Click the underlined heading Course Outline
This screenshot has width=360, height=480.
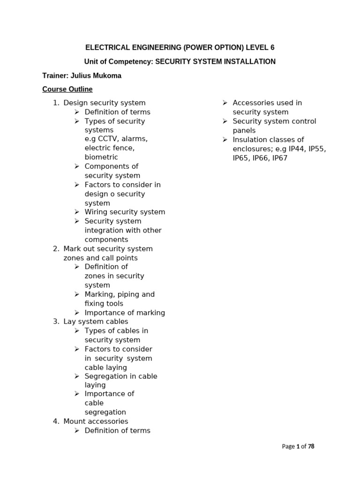[x=67, y=89]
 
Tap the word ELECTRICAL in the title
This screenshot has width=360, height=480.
[x=105, y=47]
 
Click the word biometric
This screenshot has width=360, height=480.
[x=101, y=157]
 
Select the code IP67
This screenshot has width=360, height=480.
[x=280, y=158]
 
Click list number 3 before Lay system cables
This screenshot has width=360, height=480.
[x=56, y=322]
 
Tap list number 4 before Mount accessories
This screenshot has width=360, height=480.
[x=56, y=421]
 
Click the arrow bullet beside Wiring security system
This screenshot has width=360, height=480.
[x=77, y=212]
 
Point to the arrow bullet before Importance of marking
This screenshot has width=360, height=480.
[x=77, y=313]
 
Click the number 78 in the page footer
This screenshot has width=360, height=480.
[x=311, y=446]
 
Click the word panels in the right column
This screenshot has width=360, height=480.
[x=244, y=130]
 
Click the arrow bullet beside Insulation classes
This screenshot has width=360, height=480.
[x=225, y=140]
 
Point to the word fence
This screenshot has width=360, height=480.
[x=123, y=148]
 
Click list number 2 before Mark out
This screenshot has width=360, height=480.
[x=56, y=248]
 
